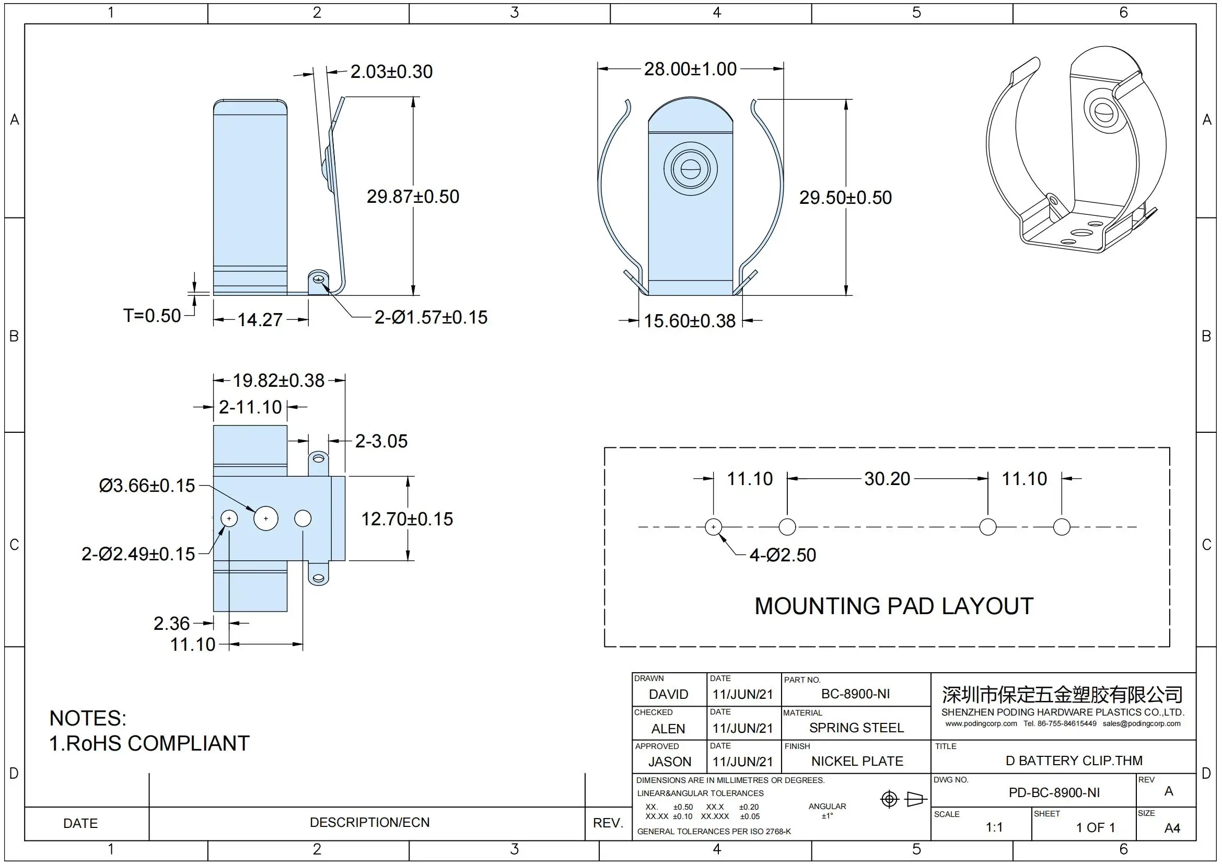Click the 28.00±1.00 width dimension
point(690,69)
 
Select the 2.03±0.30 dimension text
point(391,72)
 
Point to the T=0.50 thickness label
point(152,316)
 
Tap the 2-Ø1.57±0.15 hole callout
point(430,317)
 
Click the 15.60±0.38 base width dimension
point(689,321)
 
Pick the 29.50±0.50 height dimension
point(845,198)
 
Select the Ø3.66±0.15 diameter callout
point(147,486)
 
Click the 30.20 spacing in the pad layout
point(887,479)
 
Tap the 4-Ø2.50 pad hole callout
point(783,555)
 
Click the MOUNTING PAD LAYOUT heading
point(893,606)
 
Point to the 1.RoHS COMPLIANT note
point(149,743)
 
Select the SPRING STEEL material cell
point(856,728)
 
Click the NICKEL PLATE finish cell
point(857,761)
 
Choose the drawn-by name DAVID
point(669,694)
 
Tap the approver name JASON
point(670,762)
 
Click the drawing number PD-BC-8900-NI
point(1054,793)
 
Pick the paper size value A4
point(1172,828)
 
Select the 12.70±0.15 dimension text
point(407,519)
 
